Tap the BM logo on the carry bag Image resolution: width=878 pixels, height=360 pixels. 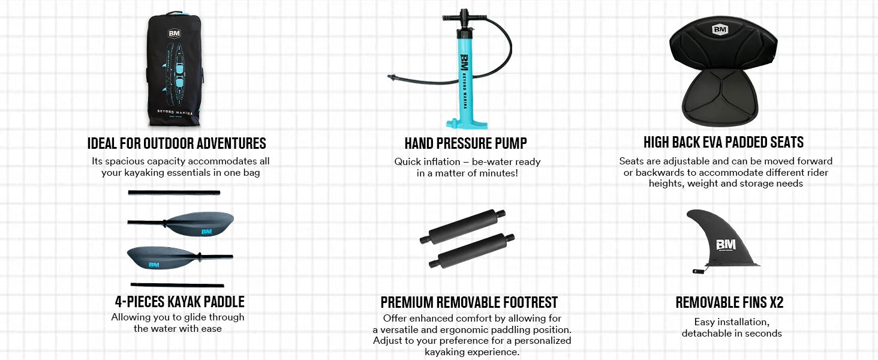pyautogui.click(x=175, y=34)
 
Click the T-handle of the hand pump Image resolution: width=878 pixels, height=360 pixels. pyautogui.click(x=464, y=17)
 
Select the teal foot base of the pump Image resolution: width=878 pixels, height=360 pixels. pyautogui.click(x=467, y=124)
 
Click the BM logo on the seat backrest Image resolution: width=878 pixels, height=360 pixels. pyautogui.click(x=720, y=29)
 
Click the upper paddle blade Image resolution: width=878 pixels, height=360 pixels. pyautogui.click(x=200, y=224)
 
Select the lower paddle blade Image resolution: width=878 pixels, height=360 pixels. pyautogui.click(x=161, y=257)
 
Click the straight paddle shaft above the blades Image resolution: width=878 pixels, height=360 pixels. pyautogui.click(x=174, y=193)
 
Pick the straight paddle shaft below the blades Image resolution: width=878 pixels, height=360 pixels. pyautogui.click(x=177, y=285)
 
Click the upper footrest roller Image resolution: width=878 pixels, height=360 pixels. pyautogui.click(x=462, y=227)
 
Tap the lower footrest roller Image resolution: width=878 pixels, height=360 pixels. pyautogui.click(x=471, y=251)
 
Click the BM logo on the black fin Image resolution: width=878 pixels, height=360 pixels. pyautogui.click(x=726, y=245)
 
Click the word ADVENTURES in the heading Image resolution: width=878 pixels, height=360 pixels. pyautogui.click(x=231, y=143)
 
